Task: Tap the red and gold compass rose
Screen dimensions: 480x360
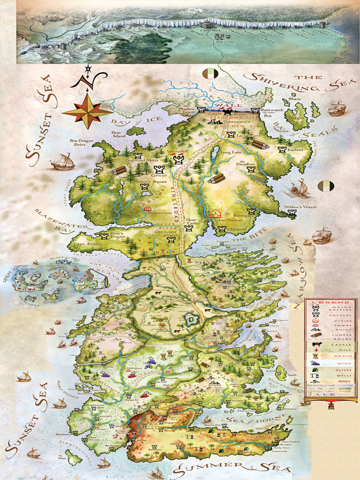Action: click(87, 111)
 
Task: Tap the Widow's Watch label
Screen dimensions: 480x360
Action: click(300, 207)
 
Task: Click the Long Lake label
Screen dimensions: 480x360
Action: click(230, 152)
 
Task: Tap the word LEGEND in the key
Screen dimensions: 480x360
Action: click(324, 303)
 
